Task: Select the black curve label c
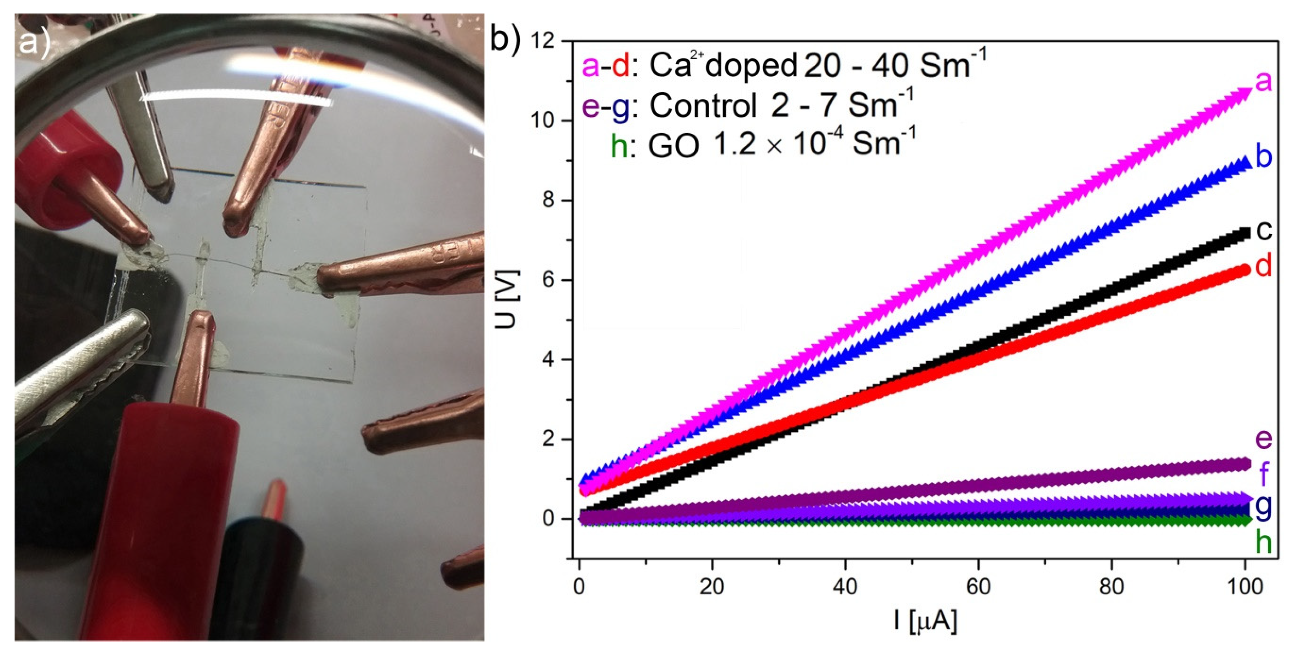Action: (1264, 231)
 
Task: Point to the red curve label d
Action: (1264, 266)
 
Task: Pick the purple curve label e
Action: (1264, 440)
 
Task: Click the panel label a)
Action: (34, 42)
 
